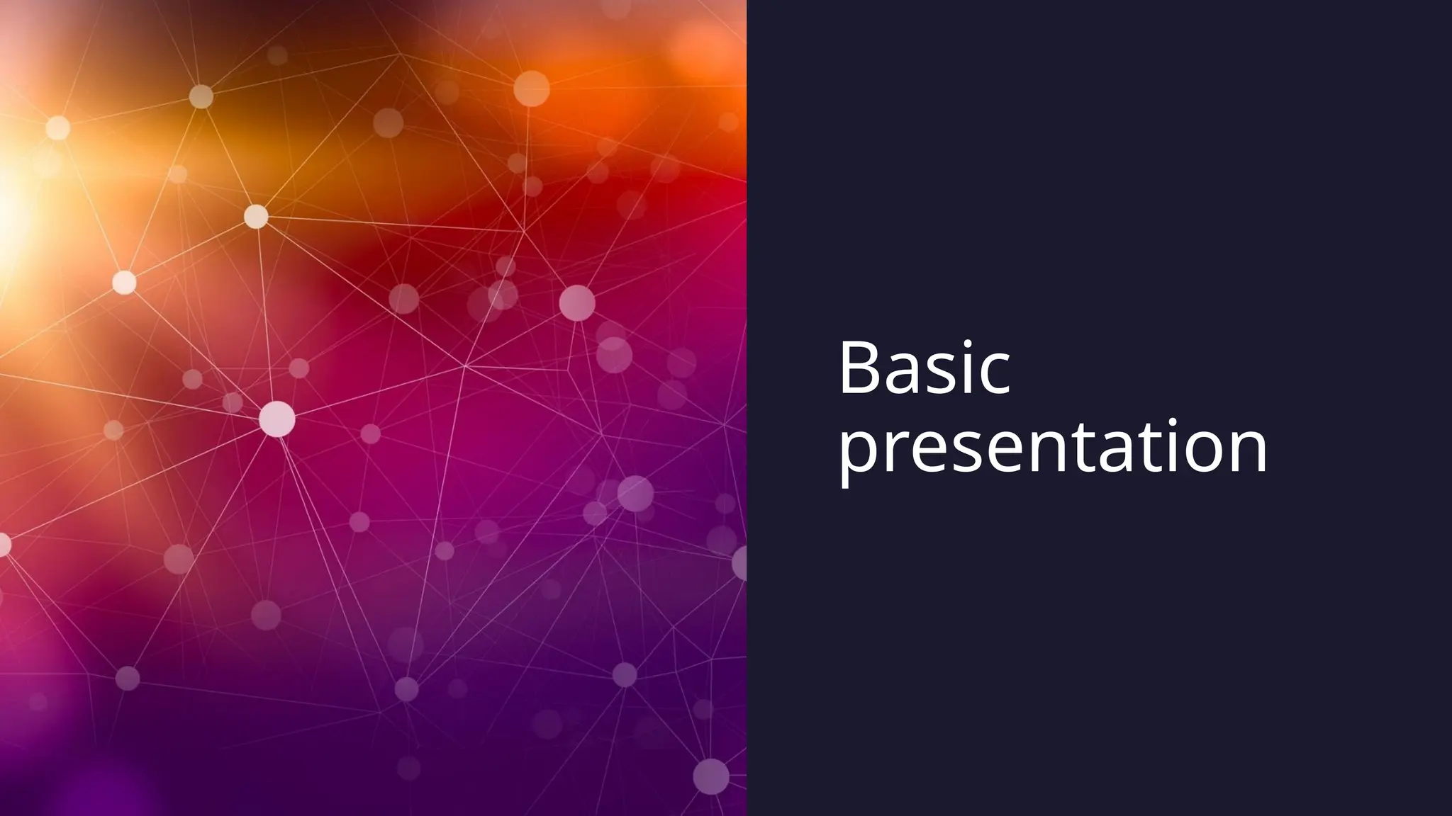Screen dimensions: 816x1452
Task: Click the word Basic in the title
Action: click(x=923, y=370)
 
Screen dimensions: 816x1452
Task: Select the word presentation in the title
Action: click(x=1053, y=448)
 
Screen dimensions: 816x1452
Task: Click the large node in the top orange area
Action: click(x=531, y=89)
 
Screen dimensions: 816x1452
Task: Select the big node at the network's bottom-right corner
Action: click(x=710, y=776)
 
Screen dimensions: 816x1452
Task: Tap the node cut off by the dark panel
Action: click(x=740, y=563)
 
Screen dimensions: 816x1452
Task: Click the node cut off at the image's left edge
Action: click(x=4, y=545)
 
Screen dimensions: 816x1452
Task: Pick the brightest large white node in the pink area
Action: click(x=277, y=419)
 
